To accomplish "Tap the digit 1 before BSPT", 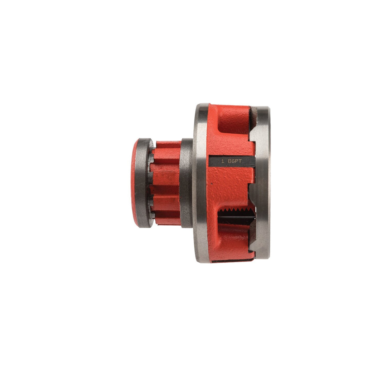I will [x=223, y=161].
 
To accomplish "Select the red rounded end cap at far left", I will [x=134, y=183].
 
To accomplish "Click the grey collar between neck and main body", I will [x=186, y=183].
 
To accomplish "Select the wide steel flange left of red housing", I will [x=201, y=183].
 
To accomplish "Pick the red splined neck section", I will [x=166, y=183].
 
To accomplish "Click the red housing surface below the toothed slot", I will [x=232, y=241].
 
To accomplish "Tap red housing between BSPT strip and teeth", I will [x=232, y=186].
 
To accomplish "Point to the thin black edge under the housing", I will [x=232, y=261].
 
